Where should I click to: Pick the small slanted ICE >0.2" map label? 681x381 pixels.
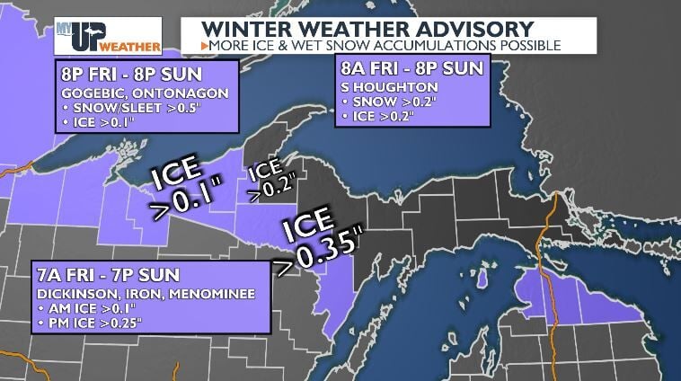(x=267, y=178)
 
